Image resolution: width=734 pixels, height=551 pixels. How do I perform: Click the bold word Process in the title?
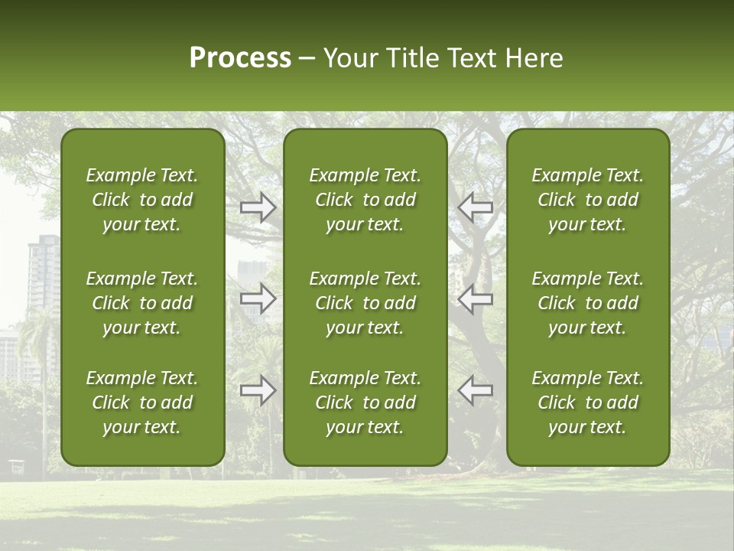[240, 58]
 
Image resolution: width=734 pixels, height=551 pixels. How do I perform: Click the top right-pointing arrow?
[258, 207]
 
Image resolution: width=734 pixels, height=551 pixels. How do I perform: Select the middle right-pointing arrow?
[258, 299]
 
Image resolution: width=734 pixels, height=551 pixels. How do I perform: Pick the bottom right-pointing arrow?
[258, 390]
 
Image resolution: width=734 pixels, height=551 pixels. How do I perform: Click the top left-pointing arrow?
[475, 207]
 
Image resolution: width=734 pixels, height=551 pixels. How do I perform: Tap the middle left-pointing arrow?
[475, 299]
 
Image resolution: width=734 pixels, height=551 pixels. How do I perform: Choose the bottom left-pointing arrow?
[475, 390]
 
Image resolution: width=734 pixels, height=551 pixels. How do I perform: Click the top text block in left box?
[142, 200]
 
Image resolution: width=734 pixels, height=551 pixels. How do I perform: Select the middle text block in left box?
[142, 303]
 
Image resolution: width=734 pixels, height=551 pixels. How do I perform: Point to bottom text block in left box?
[142, 403]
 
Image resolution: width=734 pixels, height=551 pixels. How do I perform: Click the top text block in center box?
[365, 200]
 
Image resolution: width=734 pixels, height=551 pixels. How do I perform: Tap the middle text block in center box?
[365, 303]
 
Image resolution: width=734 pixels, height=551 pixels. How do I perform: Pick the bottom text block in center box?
[365, 403]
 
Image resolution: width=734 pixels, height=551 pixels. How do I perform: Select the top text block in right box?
[587, 200]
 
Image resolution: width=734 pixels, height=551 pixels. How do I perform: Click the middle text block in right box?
[587, 303]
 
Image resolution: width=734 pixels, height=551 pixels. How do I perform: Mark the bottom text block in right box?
[587, 403]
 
